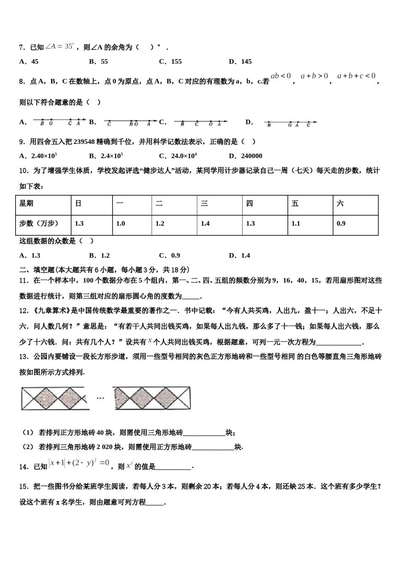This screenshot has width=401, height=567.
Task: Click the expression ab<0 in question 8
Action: [x=281, y=76]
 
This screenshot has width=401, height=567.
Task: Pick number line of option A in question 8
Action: [x=59, y=122]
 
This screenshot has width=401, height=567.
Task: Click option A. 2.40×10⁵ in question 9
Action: [x=38, y=156]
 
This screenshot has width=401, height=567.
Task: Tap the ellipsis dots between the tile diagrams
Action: [x=100, y=398]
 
